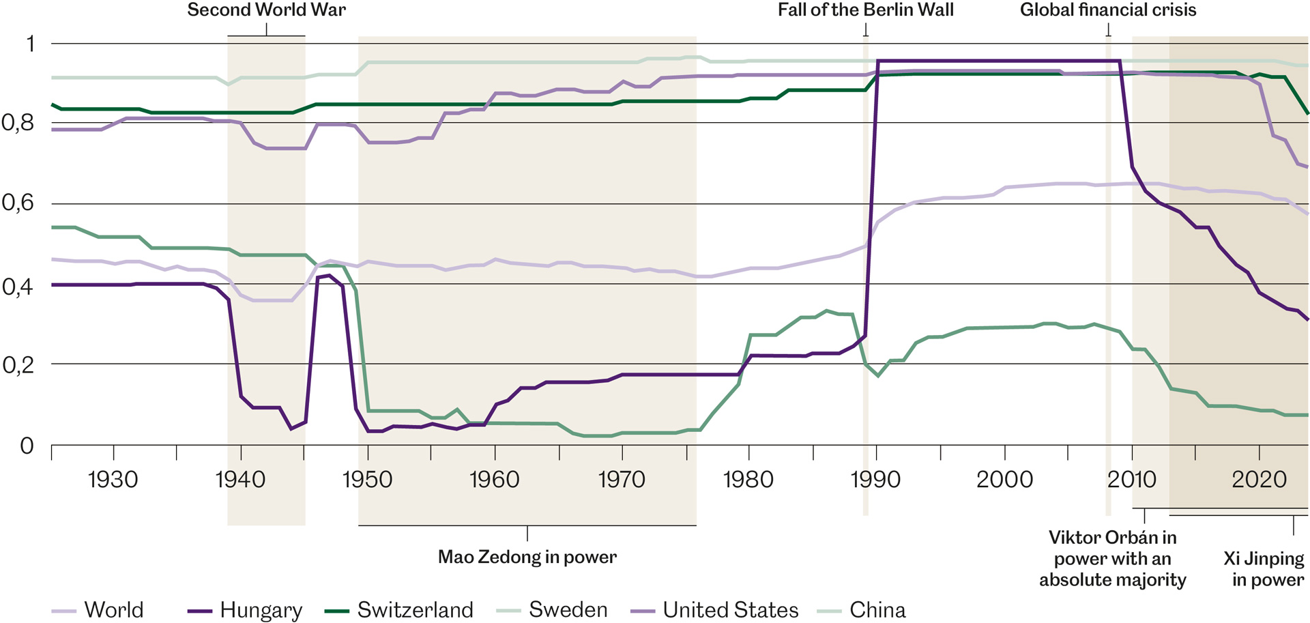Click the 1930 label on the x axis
113,479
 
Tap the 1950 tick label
367,479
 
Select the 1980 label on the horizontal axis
748,479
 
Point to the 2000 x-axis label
1004,479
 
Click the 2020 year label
1259,479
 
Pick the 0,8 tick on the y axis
18,123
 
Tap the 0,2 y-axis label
18,365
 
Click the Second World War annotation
267,10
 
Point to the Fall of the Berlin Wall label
866,10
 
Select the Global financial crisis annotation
1108,10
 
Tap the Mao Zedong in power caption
527,557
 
